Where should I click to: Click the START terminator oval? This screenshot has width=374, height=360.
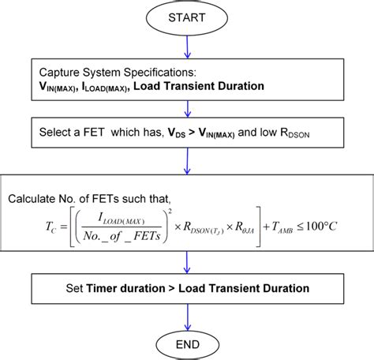pos(186,17)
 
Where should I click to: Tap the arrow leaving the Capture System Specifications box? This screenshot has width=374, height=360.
pos(186,107)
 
